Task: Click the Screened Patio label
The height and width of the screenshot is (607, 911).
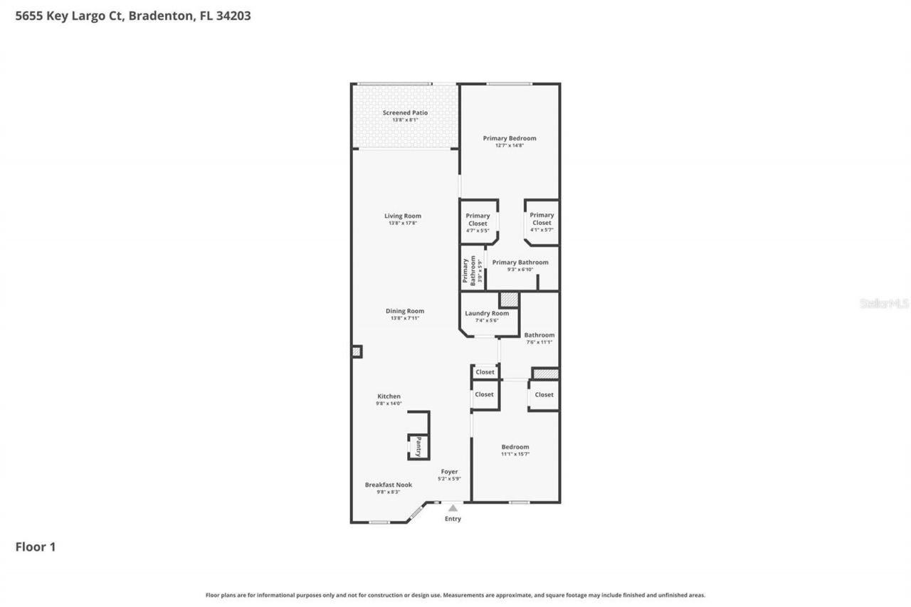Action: coord(405,112)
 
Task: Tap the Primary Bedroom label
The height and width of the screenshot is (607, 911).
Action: coord(510,138)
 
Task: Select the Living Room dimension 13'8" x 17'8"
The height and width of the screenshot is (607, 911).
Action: coord(403,223)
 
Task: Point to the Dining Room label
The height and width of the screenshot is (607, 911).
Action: coord(405,311)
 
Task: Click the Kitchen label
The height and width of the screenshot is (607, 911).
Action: coord(389,396)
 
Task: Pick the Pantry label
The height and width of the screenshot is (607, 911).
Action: coord(418,447)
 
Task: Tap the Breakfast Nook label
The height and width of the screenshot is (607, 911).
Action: coord(388,485)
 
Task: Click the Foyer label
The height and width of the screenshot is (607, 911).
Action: coord(449,471)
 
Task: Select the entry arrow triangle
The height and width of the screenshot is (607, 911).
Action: coord(453,508)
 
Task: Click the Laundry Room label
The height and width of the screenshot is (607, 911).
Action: coord(487,313)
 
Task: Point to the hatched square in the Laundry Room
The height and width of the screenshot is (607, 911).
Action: coord(509,300)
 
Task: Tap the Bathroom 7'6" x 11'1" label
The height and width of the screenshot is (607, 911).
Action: coord(539,335)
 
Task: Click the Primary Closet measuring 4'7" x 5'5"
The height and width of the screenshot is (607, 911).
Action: coord(478,220)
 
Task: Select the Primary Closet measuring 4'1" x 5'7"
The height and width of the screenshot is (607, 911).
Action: coord(542,219)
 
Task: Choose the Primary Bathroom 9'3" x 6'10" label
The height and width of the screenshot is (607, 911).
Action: coord(520,263)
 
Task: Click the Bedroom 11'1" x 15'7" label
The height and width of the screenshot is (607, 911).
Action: coord(515,447)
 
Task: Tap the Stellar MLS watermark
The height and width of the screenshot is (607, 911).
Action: coord(884,303)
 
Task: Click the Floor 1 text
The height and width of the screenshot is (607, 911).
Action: coord(36,547)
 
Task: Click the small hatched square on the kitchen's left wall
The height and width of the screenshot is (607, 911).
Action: coord(357,352)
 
